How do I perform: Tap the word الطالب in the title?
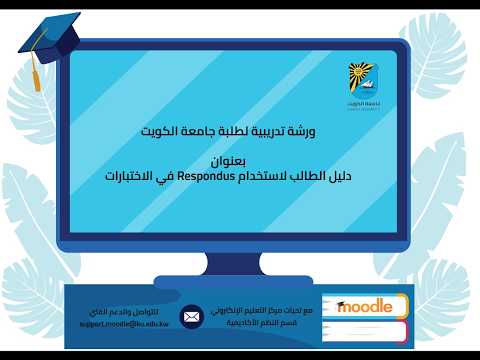292,176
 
